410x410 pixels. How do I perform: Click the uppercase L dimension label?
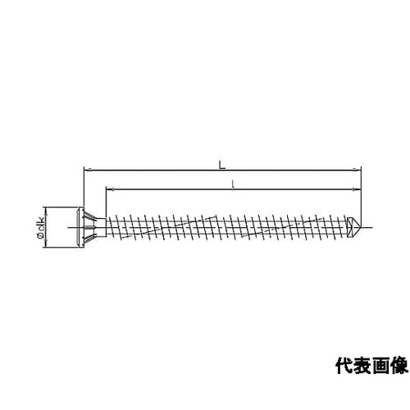tap(222, 165)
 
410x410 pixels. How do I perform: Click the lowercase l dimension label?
tap(233, 184)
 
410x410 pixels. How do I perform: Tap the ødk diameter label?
tap(41, 227)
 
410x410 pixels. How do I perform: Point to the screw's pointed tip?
tap(361, 227)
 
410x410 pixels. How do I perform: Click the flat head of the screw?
tap(81, 227)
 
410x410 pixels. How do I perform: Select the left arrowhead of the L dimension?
tap(87, 170)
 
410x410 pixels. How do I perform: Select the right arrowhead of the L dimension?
tap(358, 170)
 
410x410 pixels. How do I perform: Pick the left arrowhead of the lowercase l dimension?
tap(109, 189)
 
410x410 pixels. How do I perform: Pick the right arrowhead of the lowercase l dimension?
tap(358, 189)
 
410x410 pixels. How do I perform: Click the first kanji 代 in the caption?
tap(344, 366)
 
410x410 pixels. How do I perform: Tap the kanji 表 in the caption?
tap(362, 366)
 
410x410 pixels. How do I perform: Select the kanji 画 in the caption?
tap(380, 366)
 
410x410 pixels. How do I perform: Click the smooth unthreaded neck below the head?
tap(101, 227)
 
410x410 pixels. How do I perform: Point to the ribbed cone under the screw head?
tap(90, 227)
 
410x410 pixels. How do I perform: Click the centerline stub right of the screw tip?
tap(367, 227)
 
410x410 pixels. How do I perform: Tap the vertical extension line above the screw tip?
tap(361, 194)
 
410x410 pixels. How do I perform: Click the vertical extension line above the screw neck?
tap(106, 203)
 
